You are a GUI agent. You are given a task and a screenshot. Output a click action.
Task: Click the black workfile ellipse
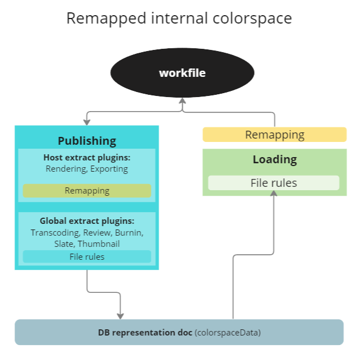tap(182, 73)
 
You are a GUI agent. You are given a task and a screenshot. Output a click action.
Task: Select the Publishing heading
tap(87, 141)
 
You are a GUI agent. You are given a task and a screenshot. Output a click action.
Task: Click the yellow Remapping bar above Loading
tap(275, 135)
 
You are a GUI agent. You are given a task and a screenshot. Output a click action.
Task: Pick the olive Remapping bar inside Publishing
tap(87, 191)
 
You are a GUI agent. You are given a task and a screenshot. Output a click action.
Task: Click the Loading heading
tap(275, 159)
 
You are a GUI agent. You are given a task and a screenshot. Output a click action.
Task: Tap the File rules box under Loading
tap(274, 183)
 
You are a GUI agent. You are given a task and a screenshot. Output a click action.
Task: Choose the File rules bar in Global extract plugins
tap(87, 257)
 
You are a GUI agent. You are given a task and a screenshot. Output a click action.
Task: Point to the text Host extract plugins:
tap(87, 158)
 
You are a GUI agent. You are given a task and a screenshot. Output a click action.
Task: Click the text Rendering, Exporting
tap(87, 169)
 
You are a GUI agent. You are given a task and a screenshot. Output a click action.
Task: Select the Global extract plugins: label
tap(87, 221)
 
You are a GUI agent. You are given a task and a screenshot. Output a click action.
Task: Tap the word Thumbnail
tap(99, 243)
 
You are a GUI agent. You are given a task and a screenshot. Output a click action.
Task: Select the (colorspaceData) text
tap(228, 333)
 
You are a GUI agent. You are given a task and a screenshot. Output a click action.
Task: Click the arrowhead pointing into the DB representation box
tap(120, 316)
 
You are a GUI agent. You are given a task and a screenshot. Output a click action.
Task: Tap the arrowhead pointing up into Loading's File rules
tap(274, 192)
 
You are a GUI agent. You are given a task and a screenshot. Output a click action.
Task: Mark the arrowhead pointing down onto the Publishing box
tap(87, 122)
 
